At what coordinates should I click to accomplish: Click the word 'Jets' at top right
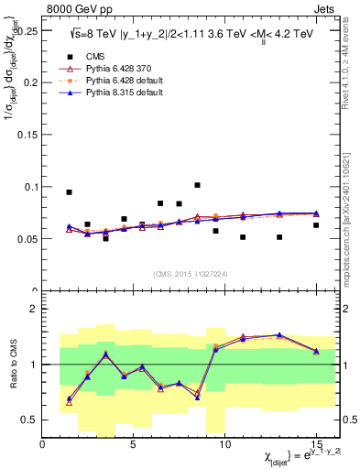(324, 8)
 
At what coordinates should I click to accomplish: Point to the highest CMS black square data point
(197, 185)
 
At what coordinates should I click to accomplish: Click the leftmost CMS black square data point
(69, 192)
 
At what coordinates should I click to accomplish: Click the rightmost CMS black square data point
(316, 225)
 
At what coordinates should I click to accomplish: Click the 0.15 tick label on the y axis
(27, 134)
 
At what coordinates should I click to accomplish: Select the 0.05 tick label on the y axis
(27, 239)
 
